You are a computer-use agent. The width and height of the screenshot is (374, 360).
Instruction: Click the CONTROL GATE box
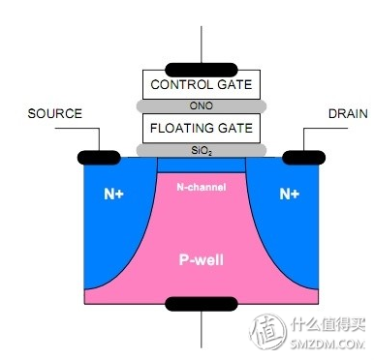201,84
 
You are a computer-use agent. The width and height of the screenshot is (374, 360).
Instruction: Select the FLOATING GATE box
201,128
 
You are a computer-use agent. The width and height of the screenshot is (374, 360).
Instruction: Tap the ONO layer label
201,105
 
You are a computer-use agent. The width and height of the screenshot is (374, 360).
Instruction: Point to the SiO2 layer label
201,150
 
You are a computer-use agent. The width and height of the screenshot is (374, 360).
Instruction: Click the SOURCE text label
55,114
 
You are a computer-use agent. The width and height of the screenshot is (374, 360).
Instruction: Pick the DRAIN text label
346,114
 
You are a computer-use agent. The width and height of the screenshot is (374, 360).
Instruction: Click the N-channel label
201,185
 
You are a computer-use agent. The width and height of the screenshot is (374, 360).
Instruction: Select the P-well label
201,259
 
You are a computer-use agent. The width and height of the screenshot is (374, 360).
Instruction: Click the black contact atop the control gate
201,69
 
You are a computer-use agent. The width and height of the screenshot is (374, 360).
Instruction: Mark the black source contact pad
100,156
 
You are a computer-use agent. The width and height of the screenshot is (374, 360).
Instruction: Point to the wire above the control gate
201,39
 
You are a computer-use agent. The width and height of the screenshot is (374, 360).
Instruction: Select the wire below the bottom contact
201,331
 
